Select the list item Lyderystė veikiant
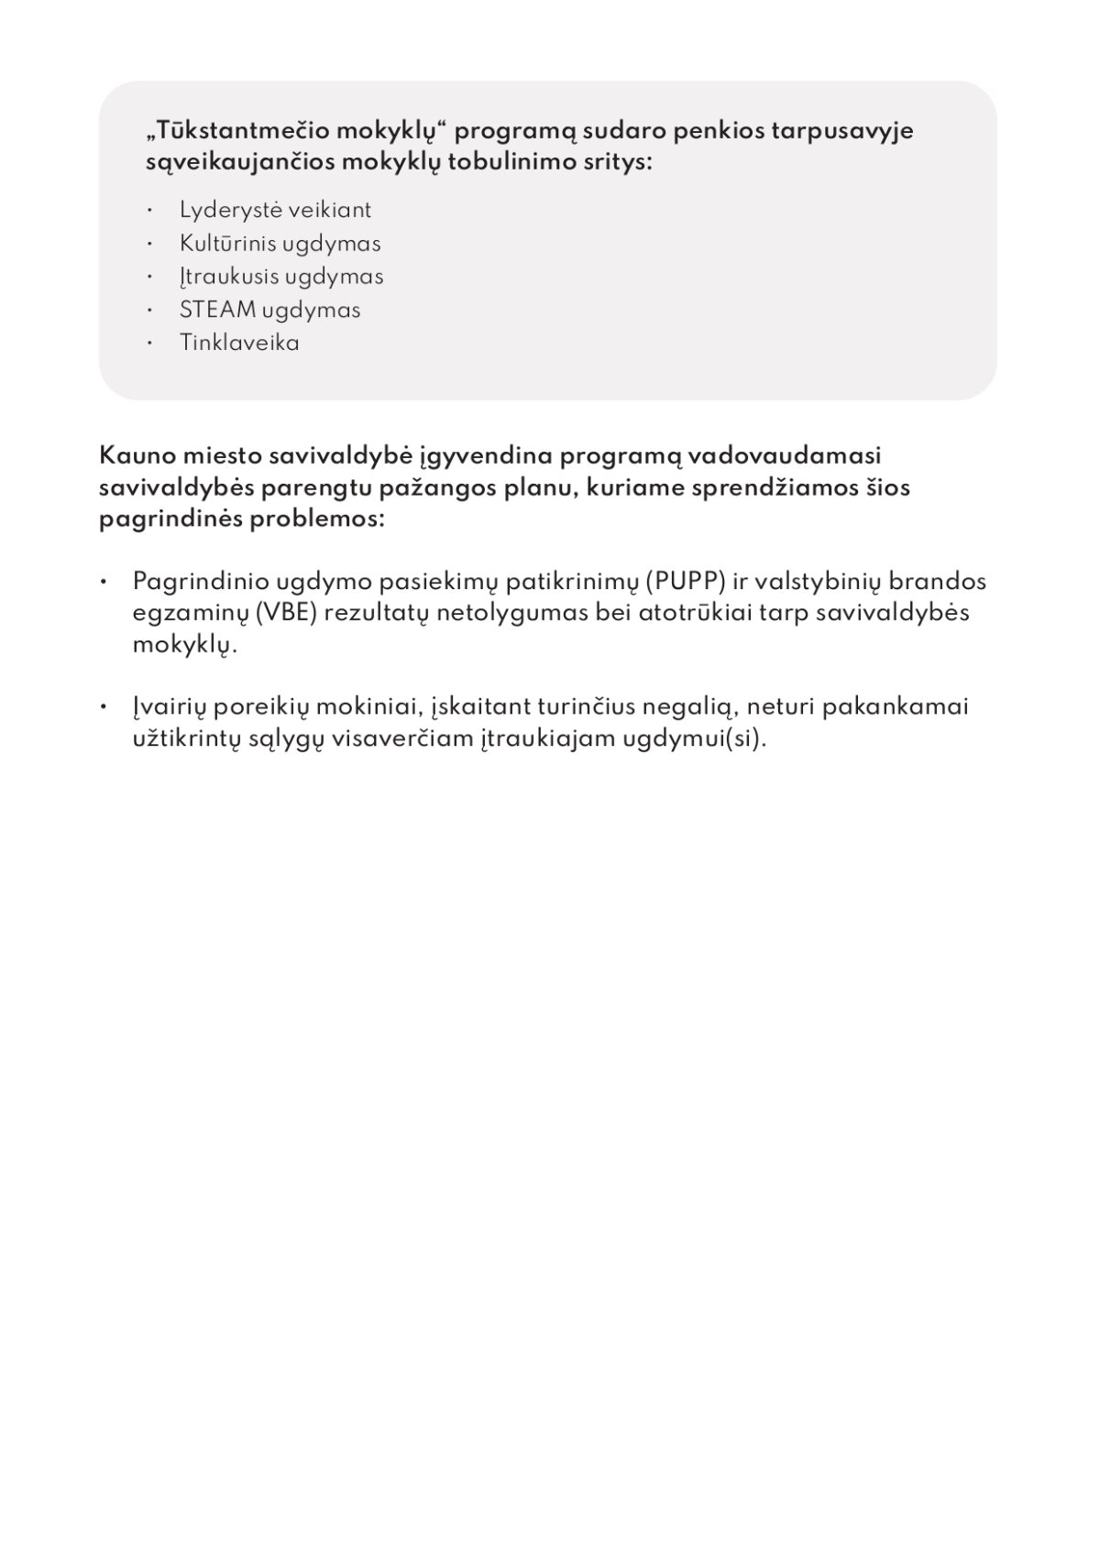coord(275,211)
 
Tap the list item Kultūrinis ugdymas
coord(280,244)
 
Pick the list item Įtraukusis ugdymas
coord(281,277)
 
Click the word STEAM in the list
coord(217,310)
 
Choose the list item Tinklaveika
coord(239,343)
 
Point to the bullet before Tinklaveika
coord(149,343)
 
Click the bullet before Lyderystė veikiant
coord(149,211)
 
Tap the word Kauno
coord(137,455)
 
